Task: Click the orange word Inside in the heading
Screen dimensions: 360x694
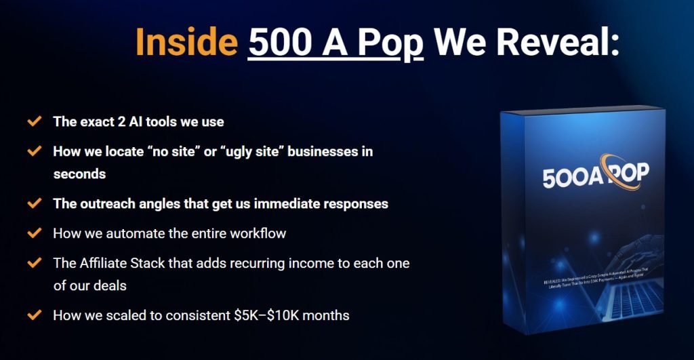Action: (186, 42)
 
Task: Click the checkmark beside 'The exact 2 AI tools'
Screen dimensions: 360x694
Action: (34, 123)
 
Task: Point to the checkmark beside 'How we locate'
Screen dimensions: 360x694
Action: (34, 151)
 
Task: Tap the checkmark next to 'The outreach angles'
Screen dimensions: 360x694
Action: (34, 203)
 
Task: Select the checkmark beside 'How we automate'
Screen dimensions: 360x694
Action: (34, 233)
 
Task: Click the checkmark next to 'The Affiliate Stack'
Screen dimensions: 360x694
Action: (34, 262)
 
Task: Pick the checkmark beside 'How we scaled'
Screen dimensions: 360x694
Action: (34, 315)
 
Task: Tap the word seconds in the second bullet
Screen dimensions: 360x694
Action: (79, 174)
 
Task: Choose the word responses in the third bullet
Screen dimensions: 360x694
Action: (354, 203)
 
